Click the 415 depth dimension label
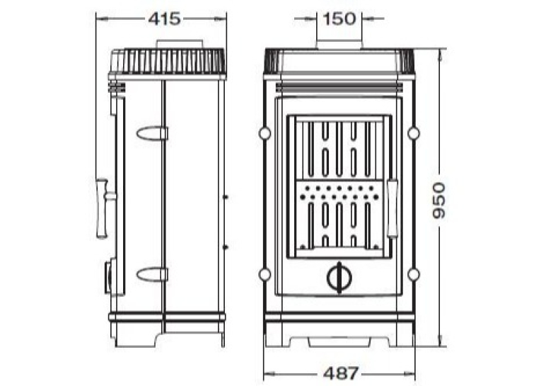pyautogui.click(x=164, y=18)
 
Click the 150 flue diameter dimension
pyautogui.click(x=339, y=18)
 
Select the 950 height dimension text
pyautogui.click(x=439, y=200)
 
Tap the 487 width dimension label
pyautogui.click(x=341, y=373)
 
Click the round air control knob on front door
pyautogui.click(x=339, y=278)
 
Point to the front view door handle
pyautogui.click(x=392, y=208)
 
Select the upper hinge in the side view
pyautogui.click(x=152, y=133)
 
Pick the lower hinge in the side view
pyautogui.click(x=152, y=274)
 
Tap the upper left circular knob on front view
pyautogui.click(x=265, y=133)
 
